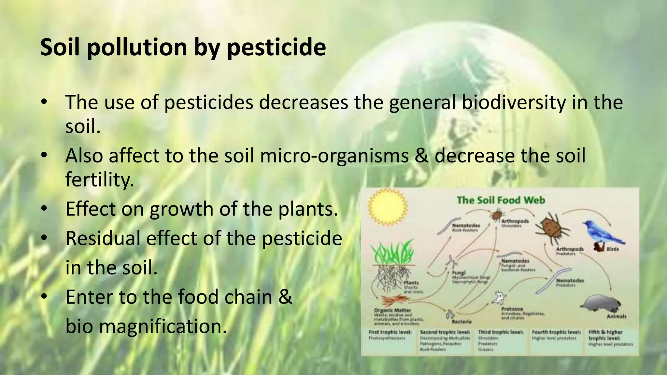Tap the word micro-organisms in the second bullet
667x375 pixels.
334,156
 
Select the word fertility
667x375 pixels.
99,179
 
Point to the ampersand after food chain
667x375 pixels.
285,297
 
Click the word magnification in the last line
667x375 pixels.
163,326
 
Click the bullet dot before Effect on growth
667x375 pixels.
44,209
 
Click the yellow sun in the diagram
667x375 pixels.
387,207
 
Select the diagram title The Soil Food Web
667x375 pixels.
501,200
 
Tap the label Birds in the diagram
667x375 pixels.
613,249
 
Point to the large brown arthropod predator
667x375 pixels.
552,228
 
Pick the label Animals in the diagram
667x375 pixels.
616,316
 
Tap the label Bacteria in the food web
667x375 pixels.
461,322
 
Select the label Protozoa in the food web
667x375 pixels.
512,309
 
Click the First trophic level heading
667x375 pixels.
390,332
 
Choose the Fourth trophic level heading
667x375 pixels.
556,332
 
